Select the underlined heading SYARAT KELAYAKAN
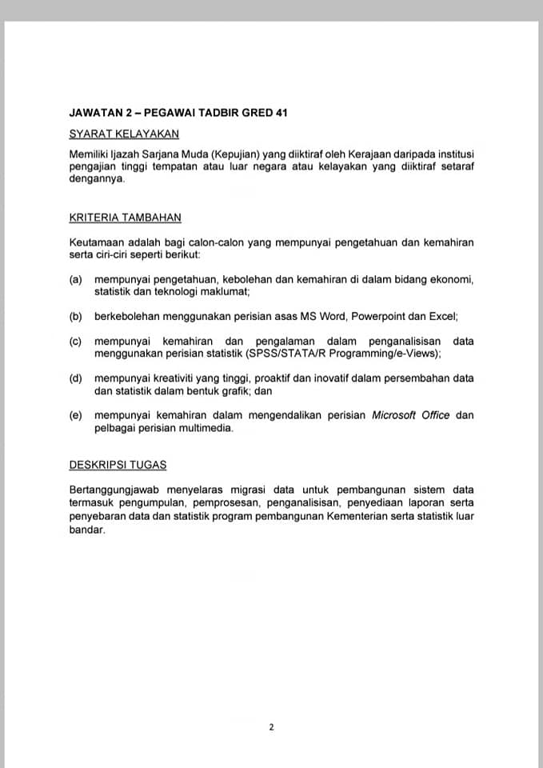pos(124,134)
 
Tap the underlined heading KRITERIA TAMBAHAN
pos(125,217)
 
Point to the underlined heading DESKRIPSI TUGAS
pos(118,465)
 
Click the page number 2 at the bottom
pos(271,727)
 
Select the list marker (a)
pos(77,279)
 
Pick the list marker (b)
pos(77,316)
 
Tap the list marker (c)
pos(77,341)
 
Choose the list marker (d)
pos(77,378)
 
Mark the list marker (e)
pos(77,414)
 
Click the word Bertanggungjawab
pos(120,490)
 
